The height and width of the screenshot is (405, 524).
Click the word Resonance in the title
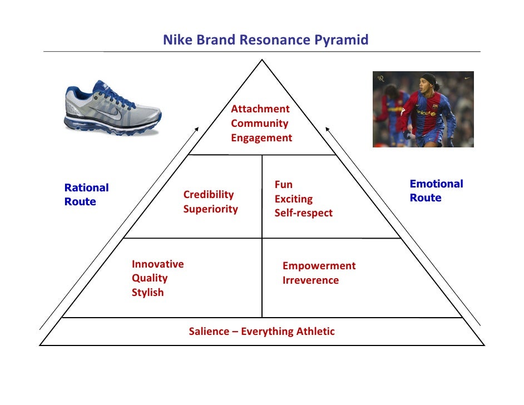(268, 40)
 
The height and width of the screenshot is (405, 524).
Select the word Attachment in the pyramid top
(260, 109)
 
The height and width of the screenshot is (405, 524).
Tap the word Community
(259, 124)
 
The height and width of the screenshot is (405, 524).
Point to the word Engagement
(261, 138)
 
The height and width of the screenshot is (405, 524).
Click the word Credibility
(209, 195)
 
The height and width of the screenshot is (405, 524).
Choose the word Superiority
(210, 209)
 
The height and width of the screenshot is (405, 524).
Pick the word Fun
(283, 185)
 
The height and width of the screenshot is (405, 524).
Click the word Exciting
(293, 199)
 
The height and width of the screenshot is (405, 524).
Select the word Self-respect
(303, 213)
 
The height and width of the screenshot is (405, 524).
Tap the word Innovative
(157, 264)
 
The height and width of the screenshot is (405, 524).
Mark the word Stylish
(147, 293)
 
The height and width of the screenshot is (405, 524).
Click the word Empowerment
(319, 266)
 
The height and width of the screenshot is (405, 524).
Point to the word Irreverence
(310, 280)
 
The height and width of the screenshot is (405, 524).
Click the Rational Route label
(86, 195)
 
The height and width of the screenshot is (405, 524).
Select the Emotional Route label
(436, 191)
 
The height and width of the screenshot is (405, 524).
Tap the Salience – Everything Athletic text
(261, 332)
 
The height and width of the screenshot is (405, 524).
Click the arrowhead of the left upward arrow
(196, 129)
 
